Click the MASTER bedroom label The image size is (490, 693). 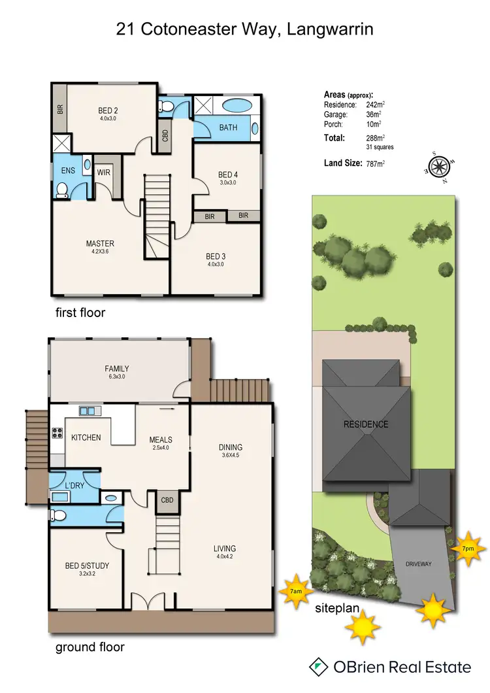pos(100,244)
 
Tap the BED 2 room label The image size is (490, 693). pos(108,110)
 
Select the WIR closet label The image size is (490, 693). pos(104,172)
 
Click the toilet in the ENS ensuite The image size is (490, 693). pos(63,190)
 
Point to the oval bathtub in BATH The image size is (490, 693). pos(236,105)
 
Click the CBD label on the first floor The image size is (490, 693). pos(165,135)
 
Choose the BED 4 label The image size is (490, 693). pos(227,174)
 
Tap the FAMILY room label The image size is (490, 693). pos(116,368)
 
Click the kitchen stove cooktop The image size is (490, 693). pos(57,432)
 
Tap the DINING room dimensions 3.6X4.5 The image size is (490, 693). pos(230,456)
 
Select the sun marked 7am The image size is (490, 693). pos(296,591)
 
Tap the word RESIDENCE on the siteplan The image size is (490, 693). pos(366,424)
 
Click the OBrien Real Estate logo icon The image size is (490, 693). pos(319,667)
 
